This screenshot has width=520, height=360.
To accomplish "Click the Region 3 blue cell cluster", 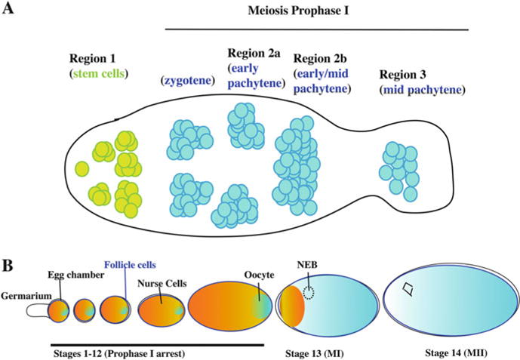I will [400, 169].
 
